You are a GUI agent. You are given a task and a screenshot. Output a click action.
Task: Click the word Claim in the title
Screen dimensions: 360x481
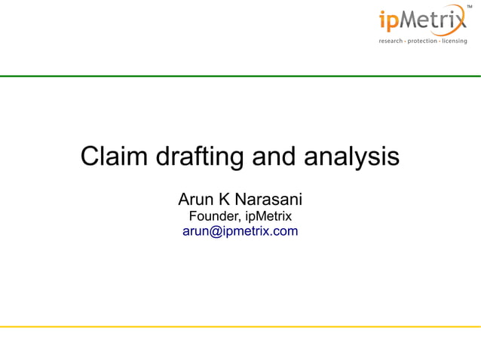(x=114, y=157)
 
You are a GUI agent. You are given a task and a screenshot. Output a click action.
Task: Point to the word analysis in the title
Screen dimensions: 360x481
(x=351, y=157)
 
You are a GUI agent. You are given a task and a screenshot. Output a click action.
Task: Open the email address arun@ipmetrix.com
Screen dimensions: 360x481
(x=240, y=231)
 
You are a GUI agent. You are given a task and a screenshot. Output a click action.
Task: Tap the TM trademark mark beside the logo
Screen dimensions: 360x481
(x=470, y=6)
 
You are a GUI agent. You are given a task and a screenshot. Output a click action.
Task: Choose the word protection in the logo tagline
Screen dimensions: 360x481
(x=424, y=41)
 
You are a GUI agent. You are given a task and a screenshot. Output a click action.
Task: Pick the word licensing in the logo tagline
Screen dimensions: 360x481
(x=454, y=41)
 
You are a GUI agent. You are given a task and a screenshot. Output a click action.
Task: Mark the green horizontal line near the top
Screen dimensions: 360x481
(x=240, y=76)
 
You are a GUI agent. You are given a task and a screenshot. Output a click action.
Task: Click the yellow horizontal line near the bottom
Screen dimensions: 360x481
(x=240, y=327)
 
